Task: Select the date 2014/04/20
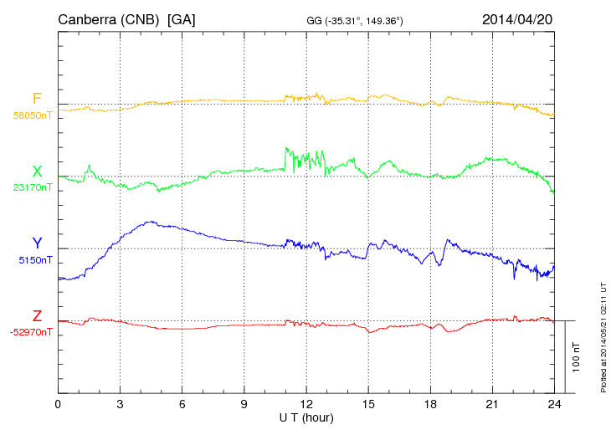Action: pos(516,18)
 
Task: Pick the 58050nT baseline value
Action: pos(32,115)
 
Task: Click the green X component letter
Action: pos(37,171)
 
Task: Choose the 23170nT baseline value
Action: pos(32,187)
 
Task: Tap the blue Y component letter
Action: pos(37,243)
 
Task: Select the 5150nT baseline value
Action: pos(34,260)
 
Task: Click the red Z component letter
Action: pos(37,316)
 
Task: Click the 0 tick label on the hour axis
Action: pos(58,403)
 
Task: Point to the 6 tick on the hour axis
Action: pos(182,403)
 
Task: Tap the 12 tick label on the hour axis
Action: pos(306,403)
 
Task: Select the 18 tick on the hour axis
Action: pos(430,403)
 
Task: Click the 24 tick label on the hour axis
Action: pos(554,403)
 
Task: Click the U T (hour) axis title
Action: pos(306,416)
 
